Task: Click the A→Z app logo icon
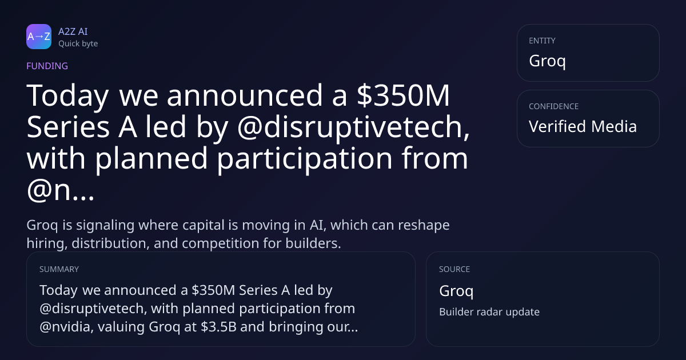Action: [x=39, y=37]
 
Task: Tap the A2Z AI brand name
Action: [x=73, y=31]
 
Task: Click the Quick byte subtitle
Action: [x=78, y=44]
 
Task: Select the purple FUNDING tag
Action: [x=47, y=66]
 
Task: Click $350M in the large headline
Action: [x=403, y=95]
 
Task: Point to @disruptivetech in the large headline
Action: [x=353, y=127]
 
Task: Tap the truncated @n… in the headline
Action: [x=61, y=190]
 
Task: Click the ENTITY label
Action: [x=542, y=41]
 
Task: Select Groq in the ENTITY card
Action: [x=547, y=61]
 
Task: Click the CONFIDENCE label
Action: [x=554, y=106]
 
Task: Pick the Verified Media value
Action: [x=583, y=126]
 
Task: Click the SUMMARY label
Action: [x=59, y=269]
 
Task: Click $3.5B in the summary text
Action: [x=218, y=327]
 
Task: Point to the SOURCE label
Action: [x=454, y=269]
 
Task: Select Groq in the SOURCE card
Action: [x=456, y=291]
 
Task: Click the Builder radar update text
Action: [x=489, y=312]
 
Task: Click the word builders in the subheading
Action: [x=313, y=243]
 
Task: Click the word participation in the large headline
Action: [x=305, y=159]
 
